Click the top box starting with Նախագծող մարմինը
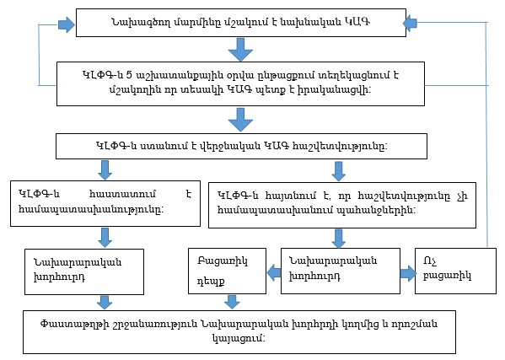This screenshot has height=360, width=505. pos(240,23)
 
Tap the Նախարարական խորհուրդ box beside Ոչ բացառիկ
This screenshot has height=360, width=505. pos(339,270)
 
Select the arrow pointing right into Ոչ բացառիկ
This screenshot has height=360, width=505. pos(406,271)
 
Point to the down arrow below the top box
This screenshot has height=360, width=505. pos(241,52)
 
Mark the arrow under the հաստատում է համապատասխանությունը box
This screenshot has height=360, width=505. pos(105,235)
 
